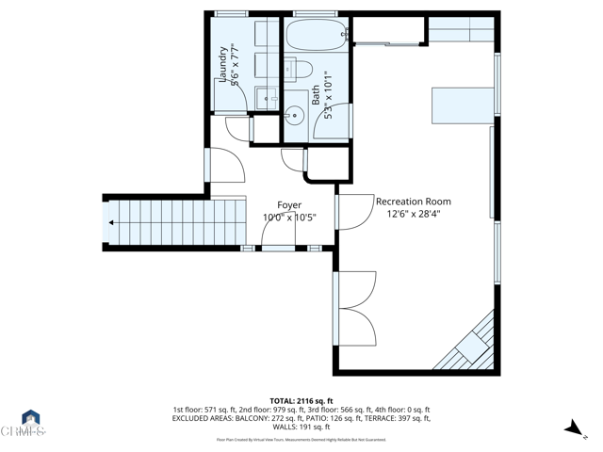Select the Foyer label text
289,205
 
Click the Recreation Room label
414,202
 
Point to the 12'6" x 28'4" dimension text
414,215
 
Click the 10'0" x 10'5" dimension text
289,218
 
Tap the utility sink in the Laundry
266,97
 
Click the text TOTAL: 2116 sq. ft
301,400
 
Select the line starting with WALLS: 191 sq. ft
301,427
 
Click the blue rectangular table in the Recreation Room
462,105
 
